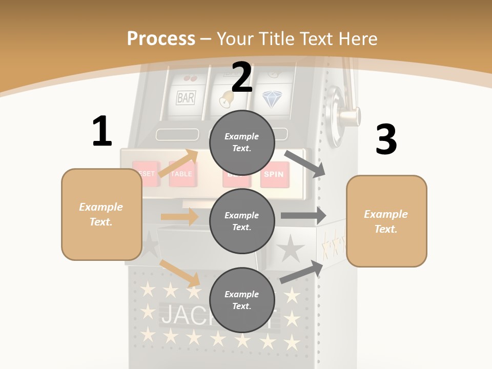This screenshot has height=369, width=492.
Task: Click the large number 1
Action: (102, 131)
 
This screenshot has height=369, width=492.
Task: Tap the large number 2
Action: (242, 77)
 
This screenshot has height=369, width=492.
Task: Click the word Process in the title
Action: (161, 38)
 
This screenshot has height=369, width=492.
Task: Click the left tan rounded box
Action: (101, 214)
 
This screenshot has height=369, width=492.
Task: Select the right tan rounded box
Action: (386, 221)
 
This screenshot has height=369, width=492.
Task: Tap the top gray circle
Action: (242, 142)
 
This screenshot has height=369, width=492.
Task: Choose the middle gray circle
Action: (242, 221)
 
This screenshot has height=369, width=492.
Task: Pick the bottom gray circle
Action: (242, 300)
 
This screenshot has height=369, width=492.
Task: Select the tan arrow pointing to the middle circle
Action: (180, 217)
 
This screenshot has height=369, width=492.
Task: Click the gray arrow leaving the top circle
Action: (305, 164)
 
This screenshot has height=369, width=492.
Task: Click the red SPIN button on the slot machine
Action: (273, 174)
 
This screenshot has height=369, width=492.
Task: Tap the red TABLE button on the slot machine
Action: (181, 174)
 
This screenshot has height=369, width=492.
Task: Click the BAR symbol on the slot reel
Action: (186, 97)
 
